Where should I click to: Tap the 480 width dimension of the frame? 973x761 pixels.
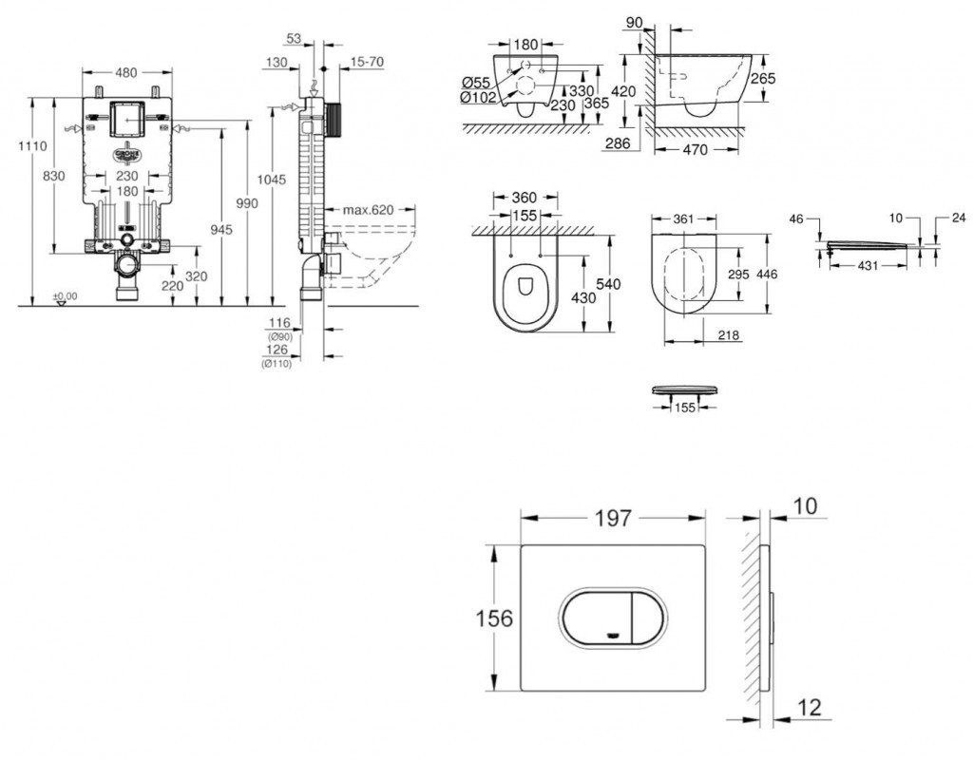tap(126, 72)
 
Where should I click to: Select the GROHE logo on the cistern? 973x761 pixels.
tap(126, 155)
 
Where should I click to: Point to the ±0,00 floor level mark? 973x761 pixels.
tap(65, 296)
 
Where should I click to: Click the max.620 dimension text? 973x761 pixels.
tap(368, 209)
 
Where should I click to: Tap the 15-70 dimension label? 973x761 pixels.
tap(368, 62)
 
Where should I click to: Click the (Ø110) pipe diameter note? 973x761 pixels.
tap(278, 364)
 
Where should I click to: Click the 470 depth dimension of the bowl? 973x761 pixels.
tap(695, 149)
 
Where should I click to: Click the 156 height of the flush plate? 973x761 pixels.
tap(493, 618)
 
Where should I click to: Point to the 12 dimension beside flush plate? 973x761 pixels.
tap(809, 707)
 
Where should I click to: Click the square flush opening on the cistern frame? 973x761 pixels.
tap(126, 118)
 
